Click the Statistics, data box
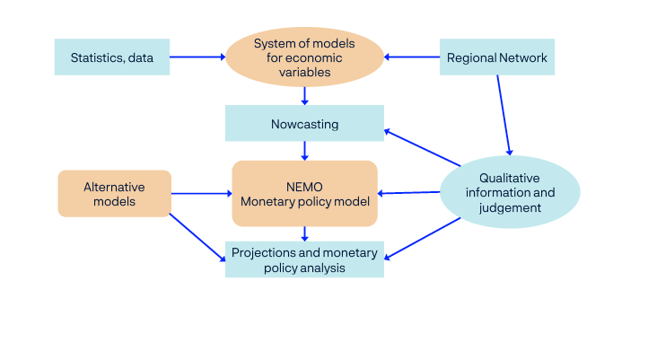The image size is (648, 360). [x=112, y=57]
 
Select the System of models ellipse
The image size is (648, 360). [x=304, y=57]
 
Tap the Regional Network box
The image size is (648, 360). [x=496, y=57]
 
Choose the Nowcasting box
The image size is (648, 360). [x=304, y=124]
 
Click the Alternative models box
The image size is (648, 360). [x=114, y=194]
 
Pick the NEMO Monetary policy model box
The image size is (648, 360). [x=304, y=193]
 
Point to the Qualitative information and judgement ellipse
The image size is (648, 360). [x=510, y=193]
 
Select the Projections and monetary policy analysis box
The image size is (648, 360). [x=304, y=259]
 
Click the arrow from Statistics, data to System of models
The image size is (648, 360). [x=197, y=57]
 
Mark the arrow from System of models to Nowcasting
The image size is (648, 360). [x=305, y=95]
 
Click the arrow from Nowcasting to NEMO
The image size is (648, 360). [x=305, y=151]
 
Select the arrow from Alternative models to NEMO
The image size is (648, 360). [x=201, y=193]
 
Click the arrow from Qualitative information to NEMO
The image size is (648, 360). [x=408, y=192]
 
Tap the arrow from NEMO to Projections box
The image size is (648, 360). [x=305, y=233]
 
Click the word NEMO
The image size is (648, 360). [x=304, y=186]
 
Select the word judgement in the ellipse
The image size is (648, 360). [x=510, y=207]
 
